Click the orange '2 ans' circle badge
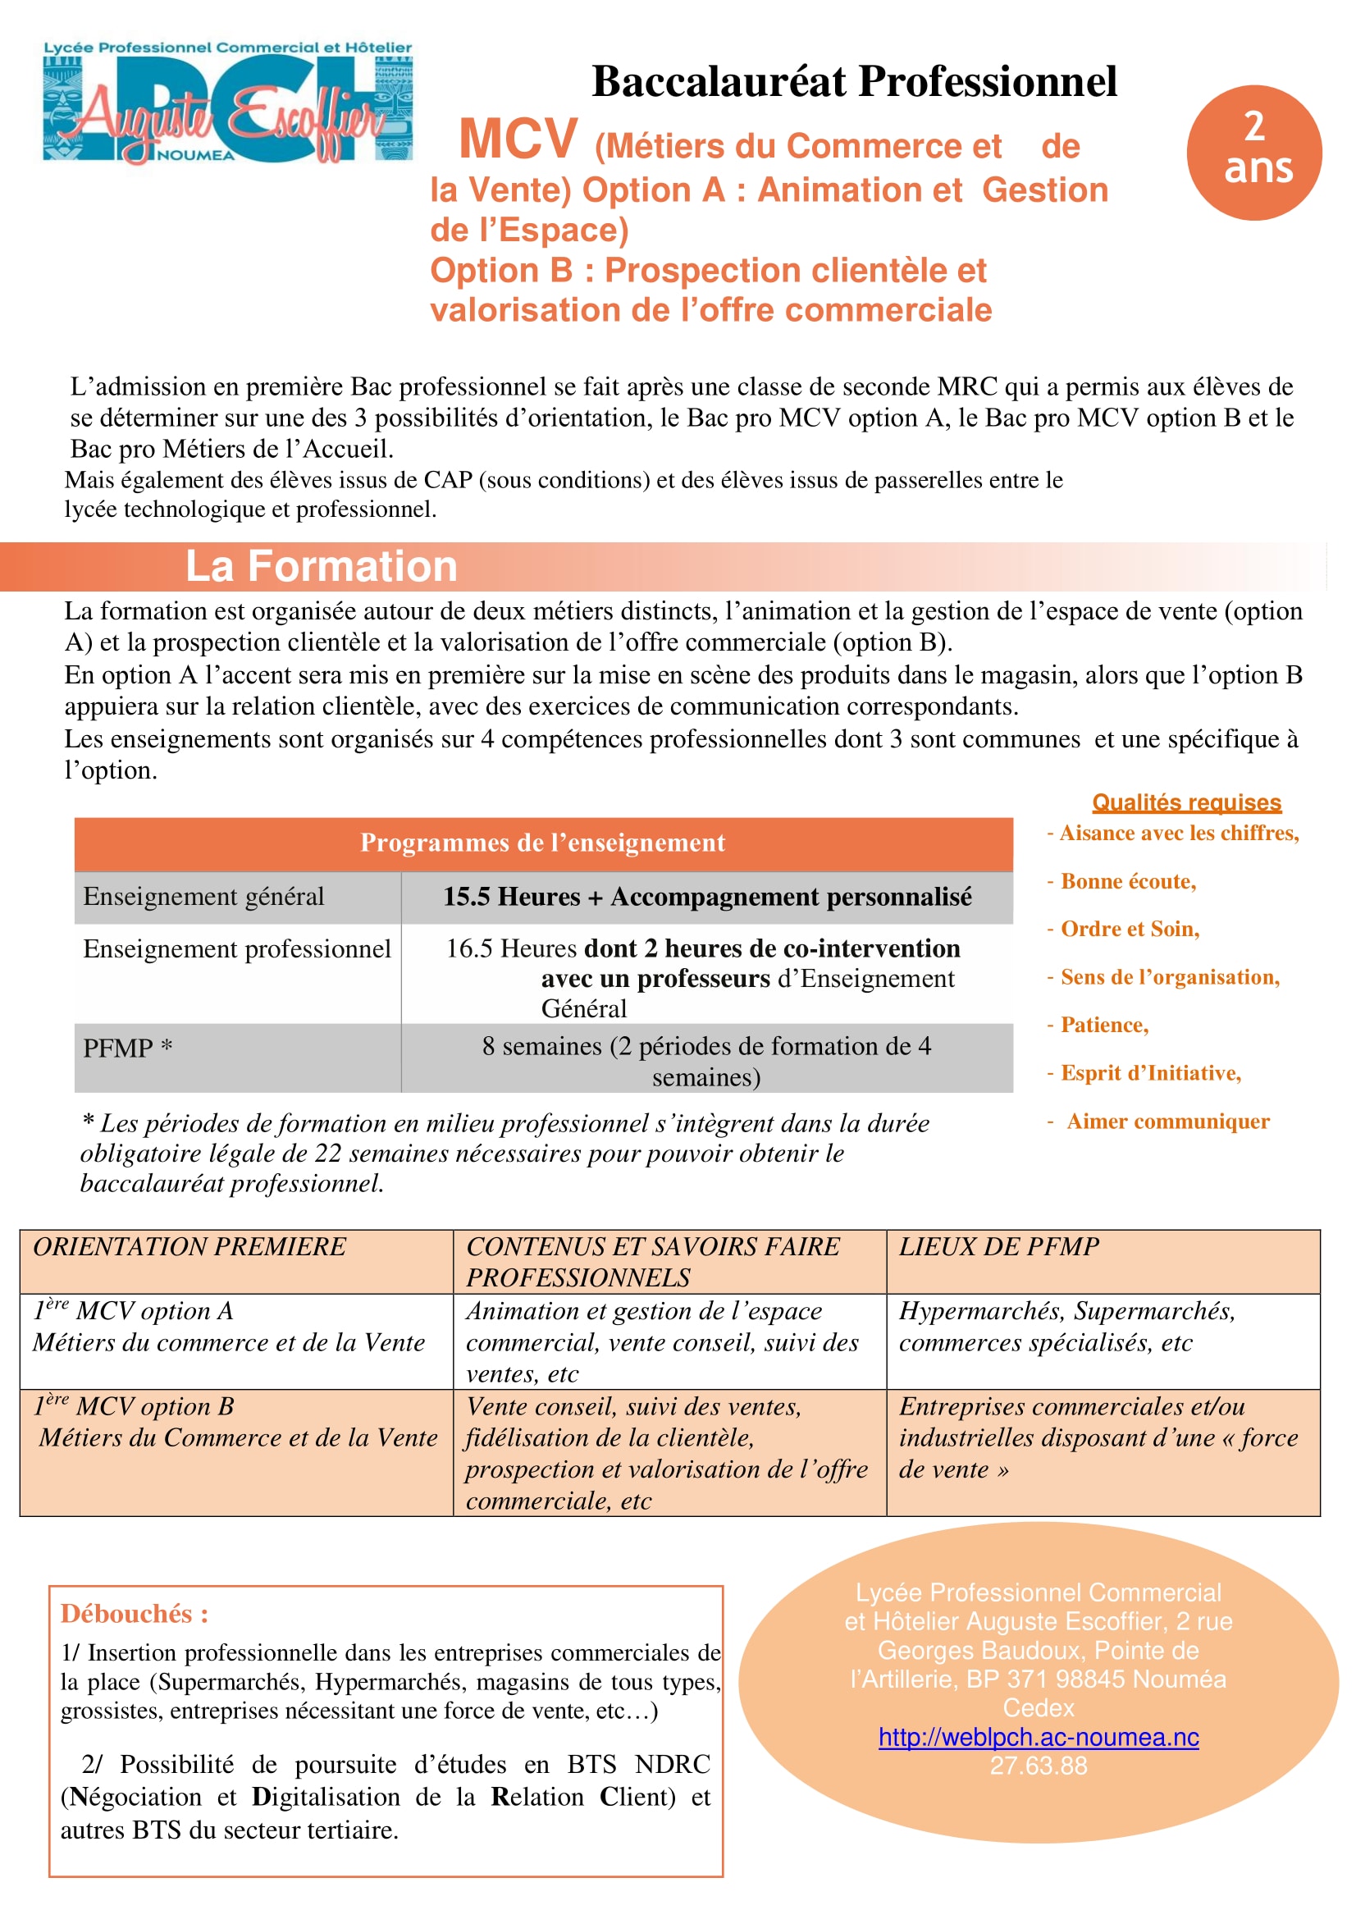(x=1253, y=152)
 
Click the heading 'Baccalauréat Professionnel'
(x=854, y=82)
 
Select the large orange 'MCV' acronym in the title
(x=518, y=139)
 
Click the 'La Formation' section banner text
(x=321, y=567)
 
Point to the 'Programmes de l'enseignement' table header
(x=542, y=843)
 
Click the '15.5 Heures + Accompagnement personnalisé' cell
(x=707, y=897)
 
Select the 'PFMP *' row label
(x=127, y=1048)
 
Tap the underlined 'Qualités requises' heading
(x=1185, y=802)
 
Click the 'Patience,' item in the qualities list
(x=1103, y=1026)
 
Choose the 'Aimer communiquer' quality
(x=1167, y=1122)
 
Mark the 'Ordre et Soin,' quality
(x=1129, y=930)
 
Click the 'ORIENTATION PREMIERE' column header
(x=189, y=1247)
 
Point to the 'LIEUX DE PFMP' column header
(x=998, y=1247)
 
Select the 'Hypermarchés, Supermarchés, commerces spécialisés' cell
(x=1066, y=1327)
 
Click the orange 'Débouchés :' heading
(x=134, y=1614)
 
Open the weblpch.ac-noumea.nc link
(x=1038, y=1738)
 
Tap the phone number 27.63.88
(x=1038, y=1766)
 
